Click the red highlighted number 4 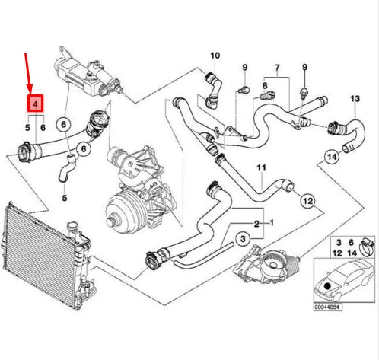(36, 104)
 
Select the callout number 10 (215, 55)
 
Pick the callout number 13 (354, 100)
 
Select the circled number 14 (331, 158)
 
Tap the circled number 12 (307, 201)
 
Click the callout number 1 (272, 224)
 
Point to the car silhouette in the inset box (342, 280)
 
